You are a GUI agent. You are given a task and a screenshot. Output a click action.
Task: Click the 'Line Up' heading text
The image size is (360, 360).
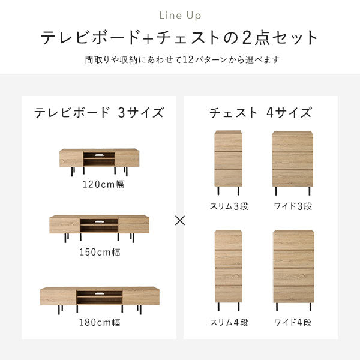180,15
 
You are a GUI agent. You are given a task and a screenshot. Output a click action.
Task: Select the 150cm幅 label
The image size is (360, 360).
100,253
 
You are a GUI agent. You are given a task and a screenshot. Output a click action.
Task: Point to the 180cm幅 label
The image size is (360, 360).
100,322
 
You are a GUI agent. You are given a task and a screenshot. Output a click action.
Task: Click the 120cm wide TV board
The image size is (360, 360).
99,159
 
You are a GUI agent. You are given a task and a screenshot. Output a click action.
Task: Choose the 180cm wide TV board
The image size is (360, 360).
100,296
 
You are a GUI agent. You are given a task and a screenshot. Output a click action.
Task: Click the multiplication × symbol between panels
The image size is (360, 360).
179,220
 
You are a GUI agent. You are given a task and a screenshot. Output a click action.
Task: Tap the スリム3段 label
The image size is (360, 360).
228,206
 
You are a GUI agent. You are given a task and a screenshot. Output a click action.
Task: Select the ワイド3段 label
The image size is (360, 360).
292,206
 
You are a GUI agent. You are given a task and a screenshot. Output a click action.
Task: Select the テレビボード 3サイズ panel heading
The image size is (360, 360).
99,112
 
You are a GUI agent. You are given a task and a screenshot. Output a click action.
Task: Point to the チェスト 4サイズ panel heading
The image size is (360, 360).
260,112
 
